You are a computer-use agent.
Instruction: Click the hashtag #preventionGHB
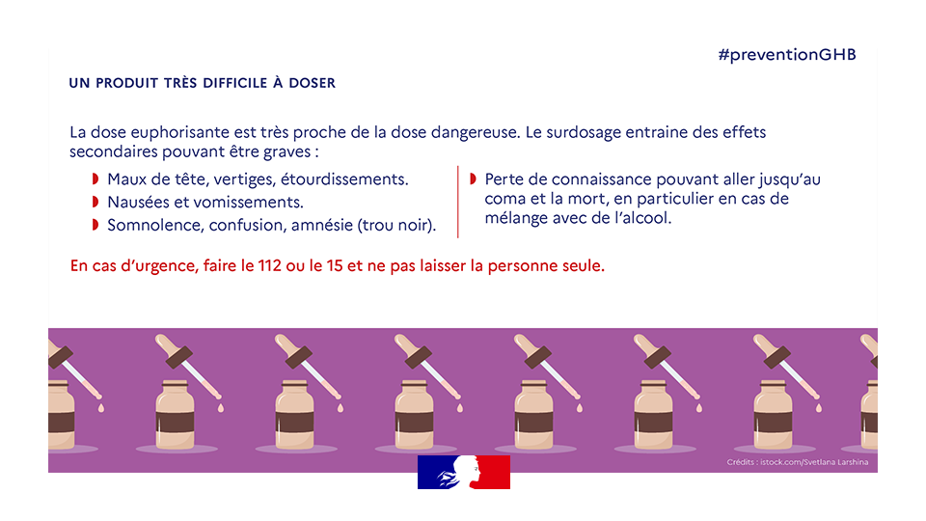(x=787, y=54)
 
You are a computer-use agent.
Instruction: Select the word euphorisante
(x=179, y=132)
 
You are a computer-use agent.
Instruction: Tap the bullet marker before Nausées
(x=95, y=202)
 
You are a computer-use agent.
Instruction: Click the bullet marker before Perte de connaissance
(x=473, y=179)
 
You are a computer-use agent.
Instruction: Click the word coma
(x=504, y=199)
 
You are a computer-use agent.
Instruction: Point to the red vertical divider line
(x=458, y=202)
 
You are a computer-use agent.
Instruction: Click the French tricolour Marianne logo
(x=463, y=472)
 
